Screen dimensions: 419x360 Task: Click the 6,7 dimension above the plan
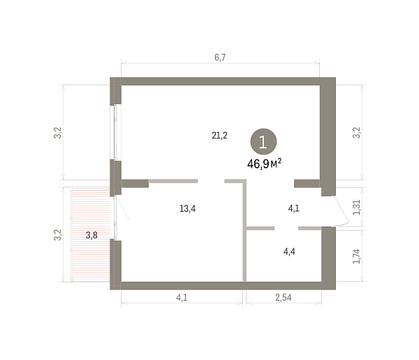(x=220, y=57)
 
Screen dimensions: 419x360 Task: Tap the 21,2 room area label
(x=219, y=136)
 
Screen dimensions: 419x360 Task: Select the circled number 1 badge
(x=263, y=141)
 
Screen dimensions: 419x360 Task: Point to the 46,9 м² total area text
(x=264, y=164)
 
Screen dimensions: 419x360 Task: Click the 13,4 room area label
(x=188, y=208)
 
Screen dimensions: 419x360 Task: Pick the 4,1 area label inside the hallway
(x=293, y=208)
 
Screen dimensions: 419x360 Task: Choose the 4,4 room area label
(x=289, y=252)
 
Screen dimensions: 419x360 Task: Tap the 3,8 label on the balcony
(x=91, y=236)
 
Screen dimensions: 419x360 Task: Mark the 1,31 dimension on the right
(x=356, y=208)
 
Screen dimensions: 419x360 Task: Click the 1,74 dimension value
(x=356, y=257)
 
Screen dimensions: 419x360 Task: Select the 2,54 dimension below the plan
(x=284, y=297)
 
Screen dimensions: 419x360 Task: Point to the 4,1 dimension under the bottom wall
(x=182, y=297)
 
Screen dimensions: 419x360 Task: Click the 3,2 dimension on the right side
(x=356, y=133)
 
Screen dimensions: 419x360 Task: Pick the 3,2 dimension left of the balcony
(x=57, y=235)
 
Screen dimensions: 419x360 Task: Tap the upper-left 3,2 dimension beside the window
(x=57, y=133)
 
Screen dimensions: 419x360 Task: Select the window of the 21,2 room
(x=115, y=132)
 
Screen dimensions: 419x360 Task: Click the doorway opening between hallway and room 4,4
(x=286, y=228)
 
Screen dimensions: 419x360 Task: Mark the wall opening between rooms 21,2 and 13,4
(x=211, y=181)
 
